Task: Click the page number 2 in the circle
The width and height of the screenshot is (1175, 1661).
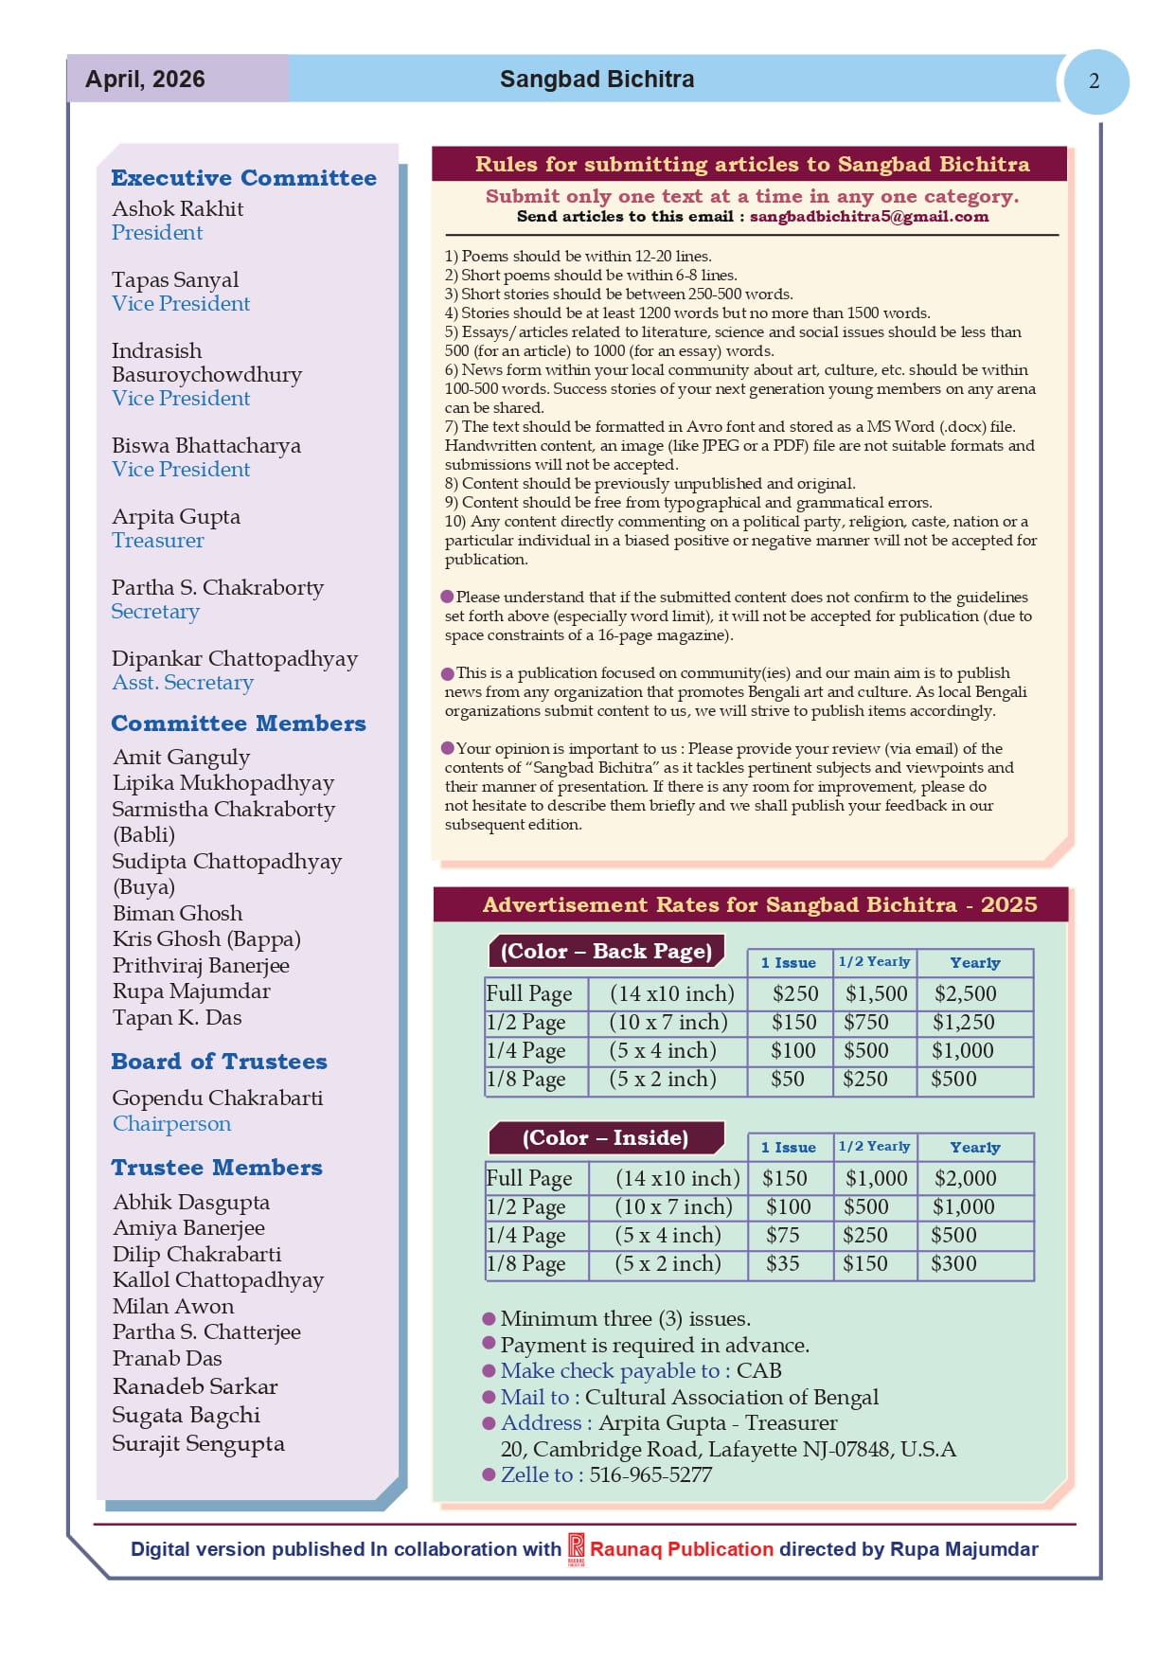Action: (1095, 81)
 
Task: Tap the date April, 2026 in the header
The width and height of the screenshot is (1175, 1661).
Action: (145, 80)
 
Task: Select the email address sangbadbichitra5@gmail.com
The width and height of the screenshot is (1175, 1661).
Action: (868, 217)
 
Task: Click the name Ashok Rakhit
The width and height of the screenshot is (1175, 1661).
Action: (178, 208)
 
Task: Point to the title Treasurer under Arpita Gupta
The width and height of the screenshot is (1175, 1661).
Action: (158, 541)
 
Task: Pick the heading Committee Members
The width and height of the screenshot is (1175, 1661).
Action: (239, 723)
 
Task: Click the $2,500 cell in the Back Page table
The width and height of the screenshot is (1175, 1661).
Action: (965, 993)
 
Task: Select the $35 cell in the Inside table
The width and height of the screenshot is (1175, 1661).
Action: (783, 1263)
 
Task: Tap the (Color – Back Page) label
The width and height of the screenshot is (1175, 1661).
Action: (606, 951)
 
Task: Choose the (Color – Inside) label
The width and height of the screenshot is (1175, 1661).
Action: (605, 1137)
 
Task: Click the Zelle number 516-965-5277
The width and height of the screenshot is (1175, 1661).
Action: (650, 1474)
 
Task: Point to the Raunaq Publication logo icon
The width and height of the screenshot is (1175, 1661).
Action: (576, 1549)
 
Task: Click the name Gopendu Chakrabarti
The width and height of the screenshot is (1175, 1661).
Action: (218, 1098)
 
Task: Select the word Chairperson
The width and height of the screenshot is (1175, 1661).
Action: (171, 1124)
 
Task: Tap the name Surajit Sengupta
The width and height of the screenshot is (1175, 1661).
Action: (198, 1443)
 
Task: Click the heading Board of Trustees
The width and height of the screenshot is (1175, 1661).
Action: (219, 1062)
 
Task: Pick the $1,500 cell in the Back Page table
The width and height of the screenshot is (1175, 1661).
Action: (876, 993)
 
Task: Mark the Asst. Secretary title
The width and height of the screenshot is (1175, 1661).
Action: (183, 683)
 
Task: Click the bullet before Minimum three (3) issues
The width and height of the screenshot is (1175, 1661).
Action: (489, 1318)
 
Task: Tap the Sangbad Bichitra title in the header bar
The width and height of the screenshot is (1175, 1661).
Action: (596, 80)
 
